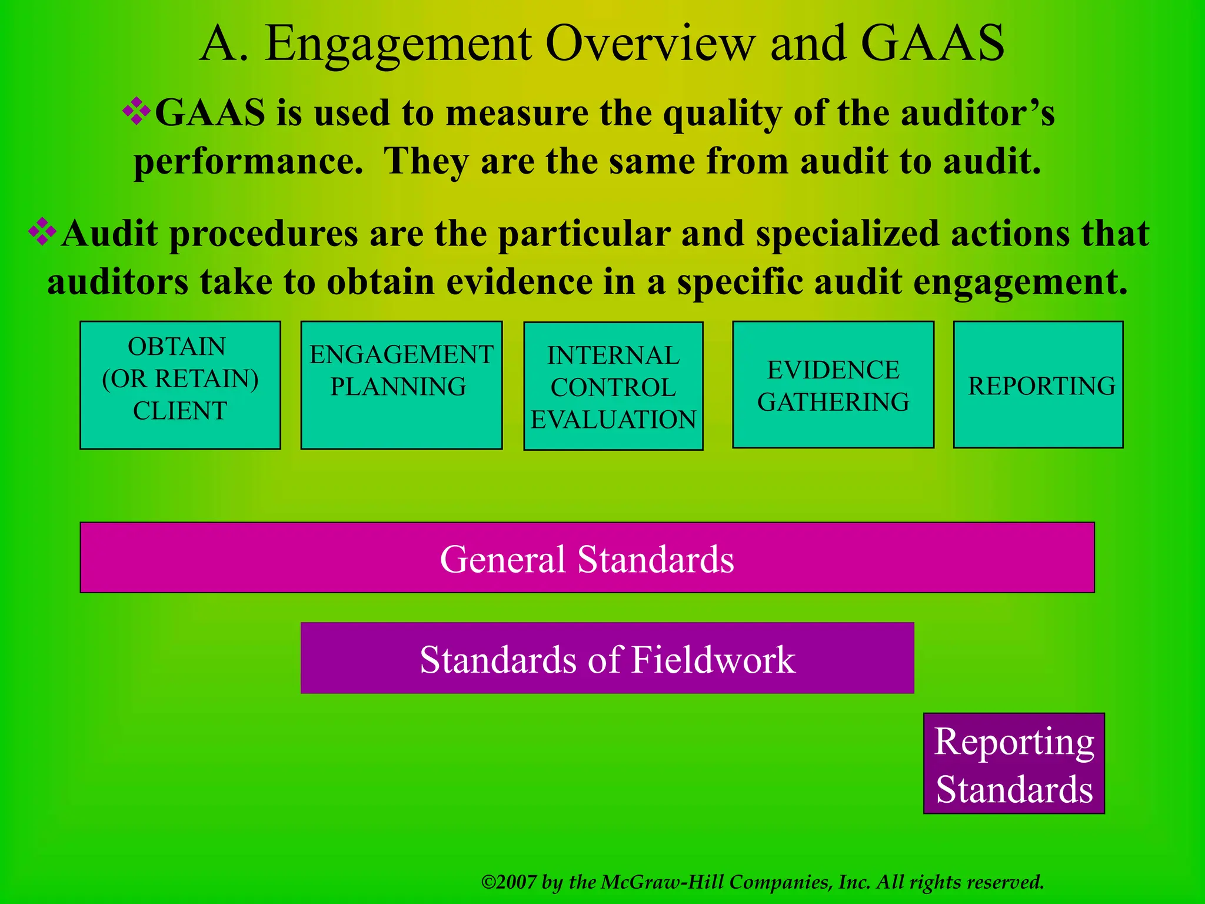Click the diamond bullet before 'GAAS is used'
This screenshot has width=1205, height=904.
[137, 111]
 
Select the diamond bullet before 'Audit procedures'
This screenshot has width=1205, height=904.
[42, 232]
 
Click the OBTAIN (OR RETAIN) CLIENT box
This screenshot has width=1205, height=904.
[180, 385]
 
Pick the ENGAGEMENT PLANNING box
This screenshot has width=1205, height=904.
[401, 385]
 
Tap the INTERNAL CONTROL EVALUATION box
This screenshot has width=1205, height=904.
[613, 386]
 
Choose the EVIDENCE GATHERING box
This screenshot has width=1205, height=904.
[833, 385]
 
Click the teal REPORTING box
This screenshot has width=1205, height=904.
[1038, 385]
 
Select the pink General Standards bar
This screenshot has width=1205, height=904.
[587, 558]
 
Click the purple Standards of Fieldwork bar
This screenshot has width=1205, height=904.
[607, 659]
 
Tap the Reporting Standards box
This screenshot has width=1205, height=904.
[1014, 764]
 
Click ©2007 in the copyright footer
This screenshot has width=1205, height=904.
[508, 882]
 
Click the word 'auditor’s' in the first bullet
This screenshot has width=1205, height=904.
[978, 113]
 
